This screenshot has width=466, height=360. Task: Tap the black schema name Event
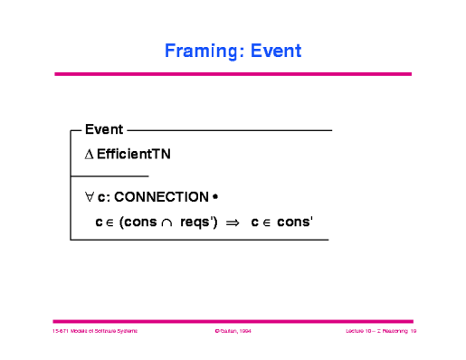tap(103, 130)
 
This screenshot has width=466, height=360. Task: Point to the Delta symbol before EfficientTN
tap(89, 155)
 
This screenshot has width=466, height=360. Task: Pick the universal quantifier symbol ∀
tap(89, 196)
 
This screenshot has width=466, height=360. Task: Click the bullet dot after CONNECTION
tap(214, 196)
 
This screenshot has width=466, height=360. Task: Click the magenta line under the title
tap(233, 74)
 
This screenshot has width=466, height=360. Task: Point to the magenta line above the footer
tap(233, 321)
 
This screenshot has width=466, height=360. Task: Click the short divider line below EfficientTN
tap(109, 175)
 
